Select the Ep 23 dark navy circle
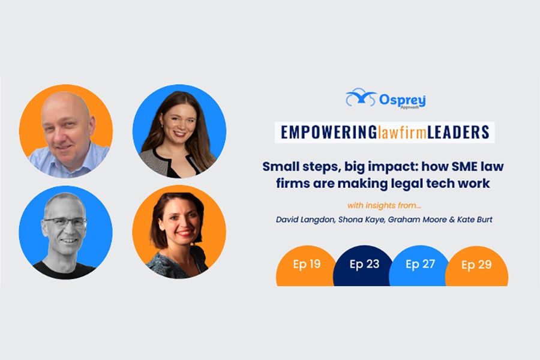[x=364, y=266]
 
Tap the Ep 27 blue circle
[x=419, y=266]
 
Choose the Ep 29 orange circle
[x=476, y=266]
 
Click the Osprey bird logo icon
[x=361, y=97]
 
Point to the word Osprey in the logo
[x=402, y=100]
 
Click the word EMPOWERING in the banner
[x=329, y=132]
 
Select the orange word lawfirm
[x=402, y=133]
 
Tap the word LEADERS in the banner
[x=458, y=132]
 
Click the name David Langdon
[x=305, y=220]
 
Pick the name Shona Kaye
[x=361, y=220]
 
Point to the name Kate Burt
[x=475, y=220]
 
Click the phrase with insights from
[x=384, y=206]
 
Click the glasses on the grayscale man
[x=65, y=222]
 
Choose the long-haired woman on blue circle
[x=178, y=134]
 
